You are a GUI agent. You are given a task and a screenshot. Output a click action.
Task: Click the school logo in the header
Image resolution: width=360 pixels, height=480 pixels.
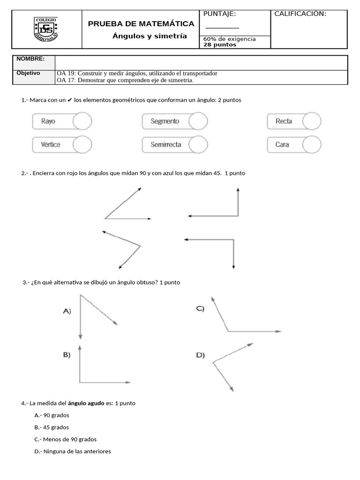click(46, 29)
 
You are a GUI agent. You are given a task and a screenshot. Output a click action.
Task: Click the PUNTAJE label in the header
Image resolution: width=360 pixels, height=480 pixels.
click(219, 14)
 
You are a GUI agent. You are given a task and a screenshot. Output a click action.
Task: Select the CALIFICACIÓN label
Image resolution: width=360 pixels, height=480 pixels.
click(300, 14)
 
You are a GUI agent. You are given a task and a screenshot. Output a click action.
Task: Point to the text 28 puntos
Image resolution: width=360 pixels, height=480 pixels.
click(220, 45)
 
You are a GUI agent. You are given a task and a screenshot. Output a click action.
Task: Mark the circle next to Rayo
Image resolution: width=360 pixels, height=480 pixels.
click(82, 121)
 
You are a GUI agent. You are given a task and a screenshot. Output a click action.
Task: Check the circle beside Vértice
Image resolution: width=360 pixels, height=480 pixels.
click(82, 145)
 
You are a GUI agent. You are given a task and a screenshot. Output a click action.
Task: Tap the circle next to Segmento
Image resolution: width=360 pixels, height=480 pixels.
click(198, 121)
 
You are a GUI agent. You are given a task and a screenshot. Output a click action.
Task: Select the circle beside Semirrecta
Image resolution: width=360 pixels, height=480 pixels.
click(198, 145)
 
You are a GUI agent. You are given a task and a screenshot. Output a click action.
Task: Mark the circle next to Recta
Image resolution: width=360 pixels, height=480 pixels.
click(312, 121)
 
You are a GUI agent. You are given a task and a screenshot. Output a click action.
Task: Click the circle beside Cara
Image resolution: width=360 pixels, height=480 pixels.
click(312, 145)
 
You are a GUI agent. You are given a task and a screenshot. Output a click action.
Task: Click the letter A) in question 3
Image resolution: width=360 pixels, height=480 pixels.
click(67, 311)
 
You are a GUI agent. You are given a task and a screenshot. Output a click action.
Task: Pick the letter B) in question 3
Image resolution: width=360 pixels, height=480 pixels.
click(67, 355)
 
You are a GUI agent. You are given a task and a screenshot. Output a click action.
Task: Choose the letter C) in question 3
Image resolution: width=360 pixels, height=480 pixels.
click(200, 309)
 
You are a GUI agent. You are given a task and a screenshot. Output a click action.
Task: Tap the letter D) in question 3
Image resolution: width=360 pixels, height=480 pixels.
click(200, 355)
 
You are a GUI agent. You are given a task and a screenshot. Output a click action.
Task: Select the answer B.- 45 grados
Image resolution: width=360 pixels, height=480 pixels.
click(52, 427)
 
